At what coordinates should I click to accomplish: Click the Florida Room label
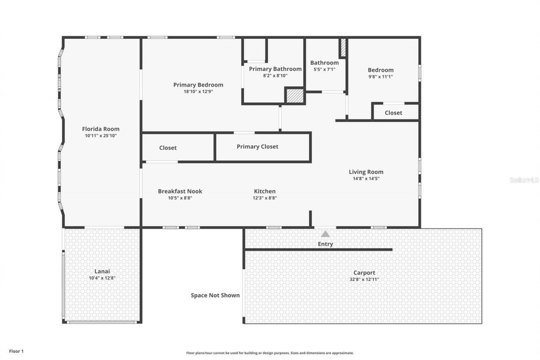[100, 129]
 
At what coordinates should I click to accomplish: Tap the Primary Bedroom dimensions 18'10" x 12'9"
[198, 91]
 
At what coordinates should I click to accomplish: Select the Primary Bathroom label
[275, 69]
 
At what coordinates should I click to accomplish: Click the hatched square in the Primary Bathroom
[295, 95]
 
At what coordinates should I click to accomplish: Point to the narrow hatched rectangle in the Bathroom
[343, 48]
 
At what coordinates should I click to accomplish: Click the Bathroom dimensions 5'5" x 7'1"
[324, 70]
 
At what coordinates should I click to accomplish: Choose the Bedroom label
[381, 70]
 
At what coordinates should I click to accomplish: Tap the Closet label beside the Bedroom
[393, 113]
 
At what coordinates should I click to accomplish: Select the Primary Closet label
[257, 146]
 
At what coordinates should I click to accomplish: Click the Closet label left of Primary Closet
[168, 148]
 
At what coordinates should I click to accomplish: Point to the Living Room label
[366, 172]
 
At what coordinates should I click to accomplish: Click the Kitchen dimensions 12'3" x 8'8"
[265, 198]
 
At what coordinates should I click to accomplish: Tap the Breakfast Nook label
[180, 191]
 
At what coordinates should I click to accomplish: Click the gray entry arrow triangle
[325, 234]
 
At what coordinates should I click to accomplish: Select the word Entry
[325, 244]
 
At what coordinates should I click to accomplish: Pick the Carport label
[364, 273]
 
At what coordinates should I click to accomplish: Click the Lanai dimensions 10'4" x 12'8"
[102, 278]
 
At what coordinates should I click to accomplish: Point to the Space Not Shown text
[215, 295]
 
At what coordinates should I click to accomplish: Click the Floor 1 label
[16, 351]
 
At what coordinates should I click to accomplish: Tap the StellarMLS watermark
[524, 180]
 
